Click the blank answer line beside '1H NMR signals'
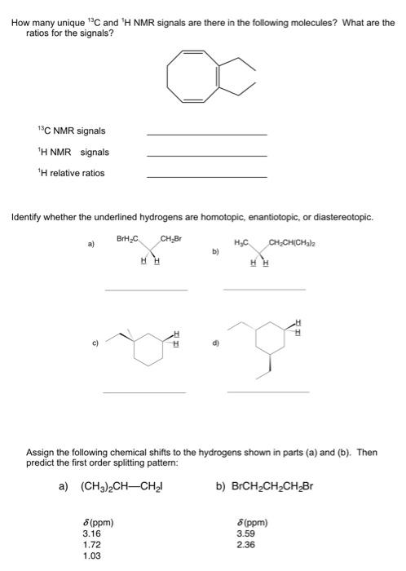coord(206,155)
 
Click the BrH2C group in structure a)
coord(128,238)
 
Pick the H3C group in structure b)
coord(242,241)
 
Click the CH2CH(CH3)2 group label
coord(298,241)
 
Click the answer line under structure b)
coord(264,289)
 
